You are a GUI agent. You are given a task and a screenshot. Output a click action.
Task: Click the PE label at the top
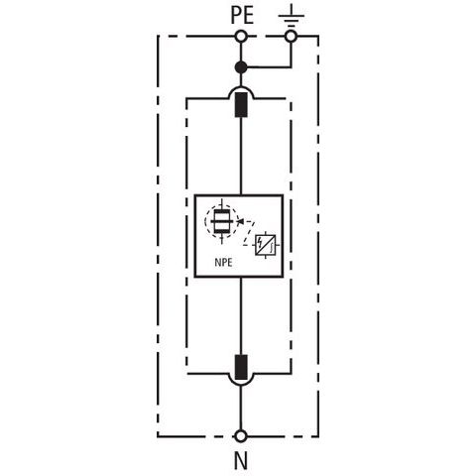pos(242,15)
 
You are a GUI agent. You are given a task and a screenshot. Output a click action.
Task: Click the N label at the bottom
pos(241,461)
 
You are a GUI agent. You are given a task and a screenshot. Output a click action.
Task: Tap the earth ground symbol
pos(291,16)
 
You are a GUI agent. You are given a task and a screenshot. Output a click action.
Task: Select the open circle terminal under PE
pos(241,36)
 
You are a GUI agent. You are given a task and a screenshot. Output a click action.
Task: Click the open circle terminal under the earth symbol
pos(291,36)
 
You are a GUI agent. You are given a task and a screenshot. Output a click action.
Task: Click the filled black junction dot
pos(241,67)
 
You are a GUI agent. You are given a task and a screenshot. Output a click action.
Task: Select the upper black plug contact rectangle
pos(241,105)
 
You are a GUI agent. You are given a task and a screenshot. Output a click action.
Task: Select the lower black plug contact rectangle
pos(241,367)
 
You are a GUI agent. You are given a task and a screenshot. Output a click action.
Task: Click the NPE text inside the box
pos(223,263)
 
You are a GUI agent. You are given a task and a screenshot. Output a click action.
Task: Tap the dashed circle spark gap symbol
pos(221,221)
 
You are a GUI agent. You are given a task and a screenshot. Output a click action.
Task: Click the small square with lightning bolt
pos(266,245)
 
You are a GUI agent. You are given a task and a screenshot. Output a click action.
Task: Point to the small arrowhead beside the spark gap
pos(241,221)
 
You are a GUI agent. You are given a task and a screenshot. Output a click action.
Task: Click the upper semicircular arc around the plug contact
pos(241,87)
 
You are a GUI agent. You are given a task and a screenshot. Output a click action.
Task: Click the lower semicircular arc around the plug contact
pos(241,384)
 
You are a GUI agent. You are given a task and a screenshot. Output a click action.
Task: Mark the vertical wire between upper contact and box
pos(241,156)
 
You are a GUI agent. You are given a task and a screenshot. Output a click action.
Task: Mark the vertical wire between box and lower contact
pos(241,315)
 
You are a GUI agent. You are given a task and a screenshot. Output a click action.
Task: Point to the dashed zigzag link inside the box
pos(249,233)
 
